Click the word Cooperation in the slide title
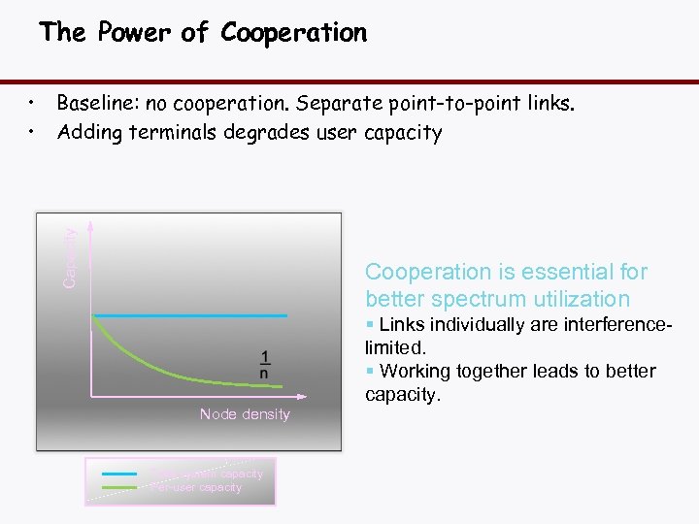click(294, 33)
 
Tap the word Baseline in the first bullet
click(93, 103)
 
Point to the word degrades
click(260, 132)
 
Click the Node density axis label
click(245, 414)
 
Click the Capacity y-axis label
click(69, 258)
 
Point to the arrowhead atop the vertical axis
click(89, 224)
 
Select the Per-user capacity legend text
click(196, 487)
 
